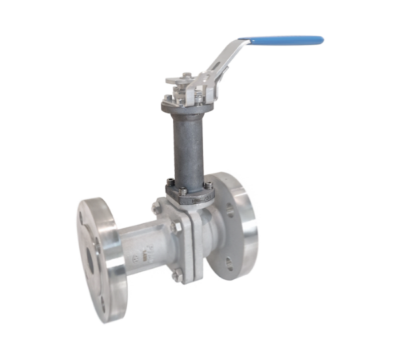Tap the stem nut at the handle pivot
185,78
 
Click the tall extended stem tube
188,144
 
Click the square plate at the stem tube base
189,190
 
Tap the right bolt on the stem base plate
208,186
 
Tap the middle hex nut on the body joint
178,227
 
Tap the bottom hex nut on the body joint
176,274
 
